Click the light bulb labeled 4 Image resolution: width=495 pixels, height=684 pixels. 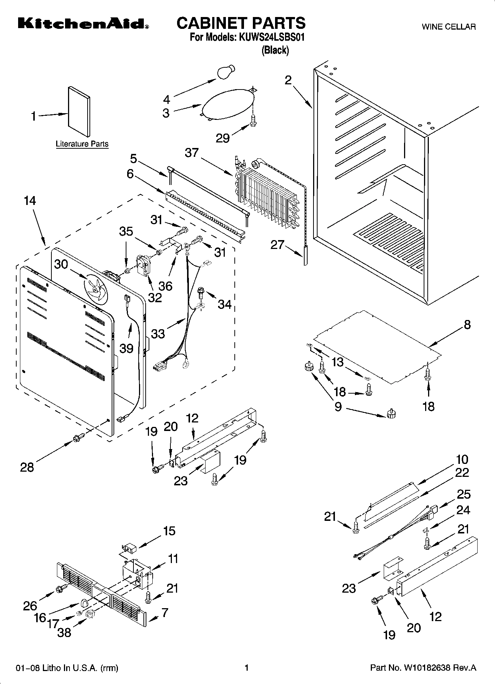coord(226,71)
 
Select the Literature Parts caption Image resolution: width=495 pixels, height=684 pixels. coord(82,144)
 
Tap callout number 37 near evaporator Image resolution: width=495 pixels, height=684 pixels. coord(192,152)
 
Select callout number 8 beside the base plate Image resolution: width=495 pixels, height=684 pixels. coord(467,324)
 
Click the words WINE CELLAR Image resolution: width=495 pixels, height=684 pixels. coord(448,27)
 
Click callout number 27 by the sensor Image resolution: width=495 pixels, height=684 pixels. coord(278,245)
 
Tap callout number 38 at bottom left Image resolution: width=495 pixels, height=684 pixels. coord(64,632)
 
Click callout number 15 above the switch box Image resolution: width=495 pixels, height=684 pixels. coord(169,531)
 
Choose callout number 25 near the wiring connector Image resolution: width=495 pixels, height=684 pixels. coord(464,494)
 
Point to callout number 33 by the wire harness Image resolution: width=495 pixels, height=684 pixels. coord(158,333)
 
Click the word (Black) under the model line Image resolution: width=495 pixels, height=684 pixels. coord(275,50)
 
